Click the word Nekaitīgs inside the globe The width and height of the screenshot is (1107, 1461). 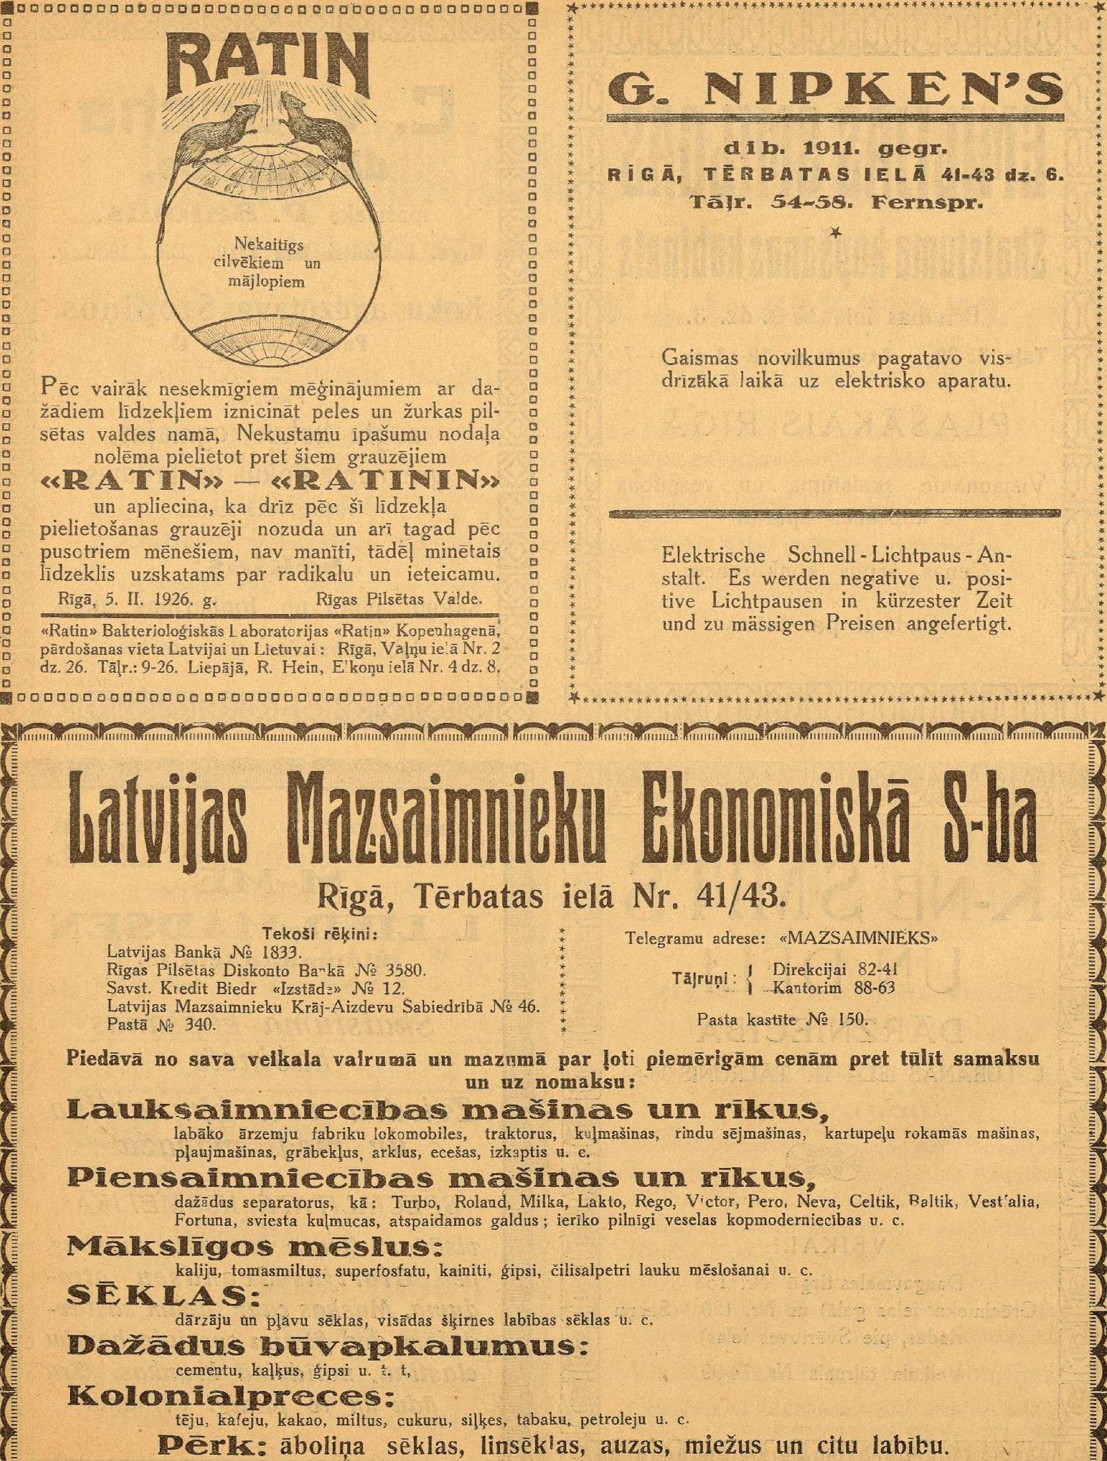(269, 245)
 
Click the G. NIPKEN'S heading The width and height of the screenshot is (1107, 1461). (836, 90)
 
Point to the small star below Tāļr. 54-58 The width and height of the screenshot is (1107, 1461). (837, 231)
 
